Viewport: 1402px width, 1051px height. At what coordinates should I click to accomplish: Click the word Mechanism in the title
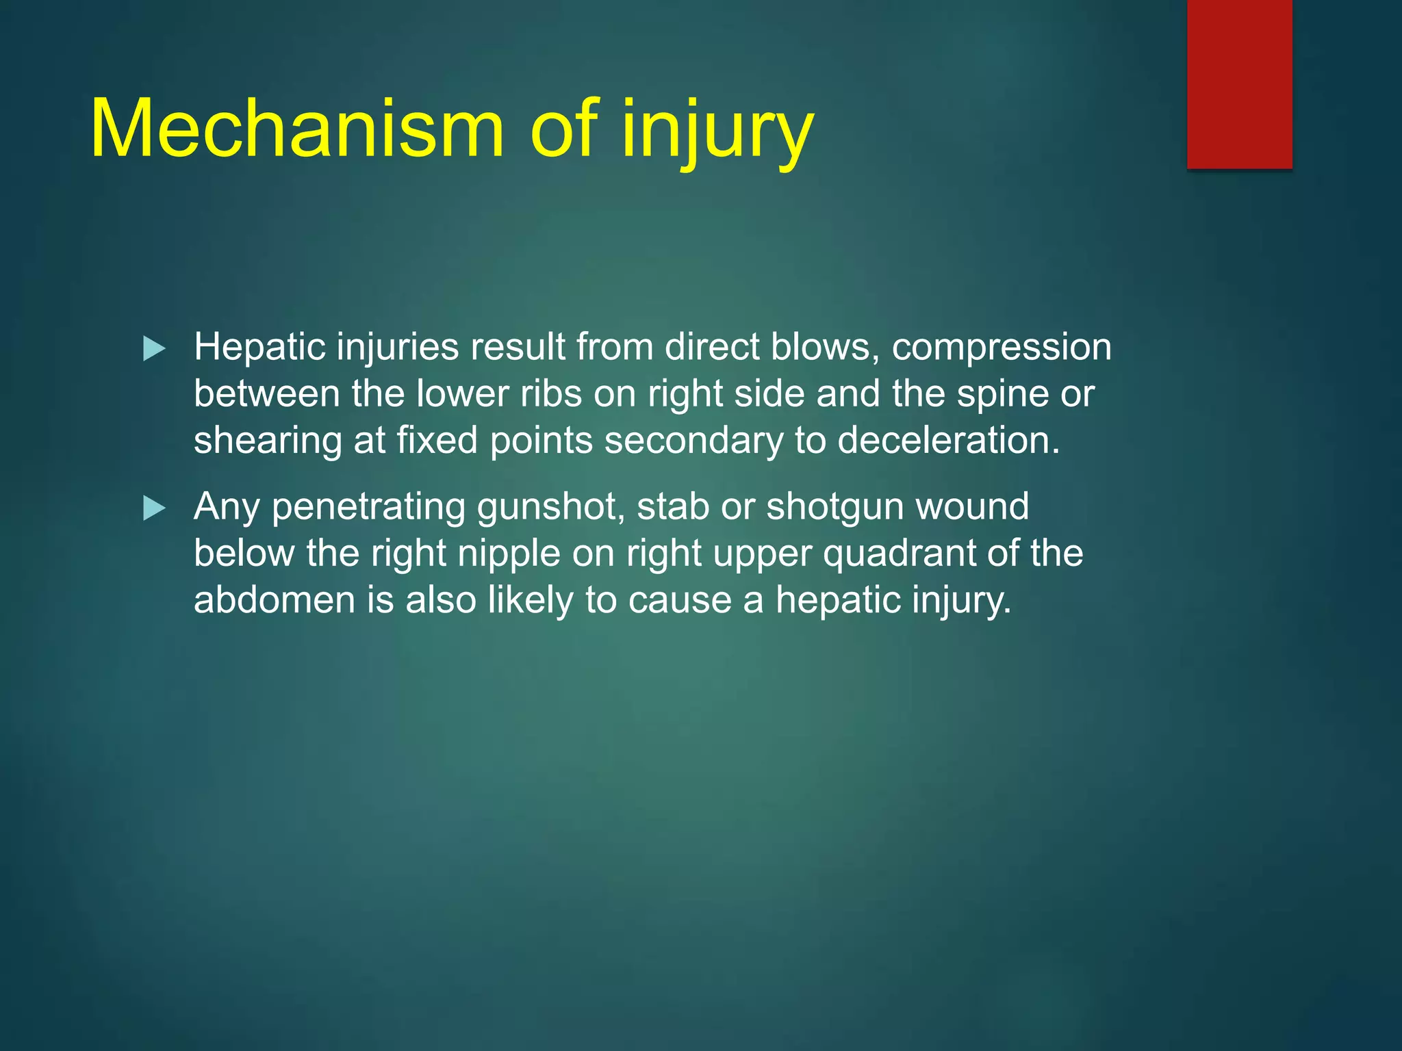[x=296, y=129]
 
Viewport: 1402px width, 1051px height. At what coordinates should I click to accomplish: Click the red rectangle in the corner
[x=1239, y=83]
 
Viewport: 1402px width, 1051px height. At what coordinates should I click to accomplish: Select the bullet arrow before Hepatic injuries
[x=154, y=350]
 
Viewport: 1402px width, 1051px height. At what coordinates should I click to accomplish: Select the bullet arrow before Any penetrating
[x=154, y=509]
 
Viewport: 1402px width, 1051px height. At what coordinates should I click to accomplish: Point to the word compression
[x=1001, y=348]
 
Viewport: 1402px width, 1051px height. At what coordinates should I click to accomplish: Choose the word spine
[x=1002, y=395]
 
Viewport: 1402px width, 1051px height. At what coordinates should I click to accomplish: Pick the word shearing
[x=267, y=441]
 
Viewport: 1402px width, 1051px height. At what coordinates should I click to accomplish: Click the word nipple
[x=509, y=554]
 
